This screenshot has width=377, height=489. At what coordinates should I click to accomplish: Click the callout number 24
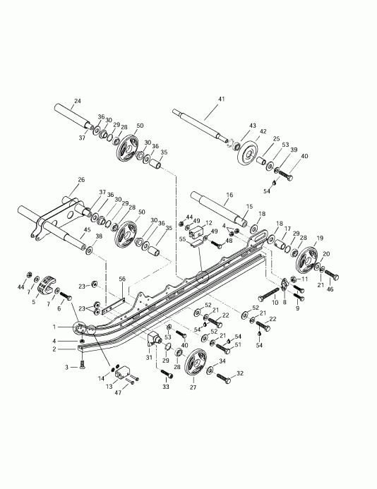pos(77,100)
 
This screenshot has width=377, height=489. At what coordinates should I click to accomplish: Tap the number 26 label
pos(81,180)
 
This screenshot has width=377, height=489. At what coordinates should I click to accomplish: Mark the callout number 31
pos(149,358)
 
